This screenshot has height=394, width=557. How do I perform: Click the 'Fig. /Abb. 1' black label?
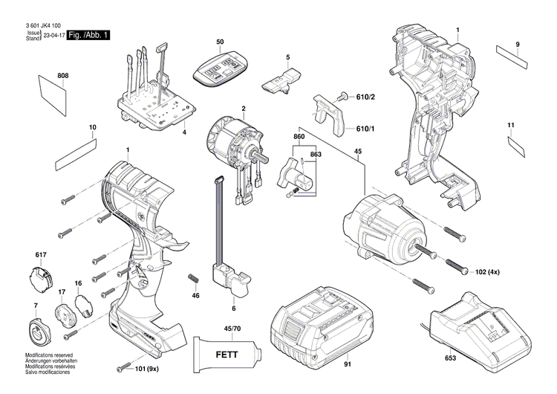pyautogui.click(x=88, y=36)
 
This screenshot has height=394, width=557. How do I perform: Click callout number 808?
pyautogui.click(x=63, y=76)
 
